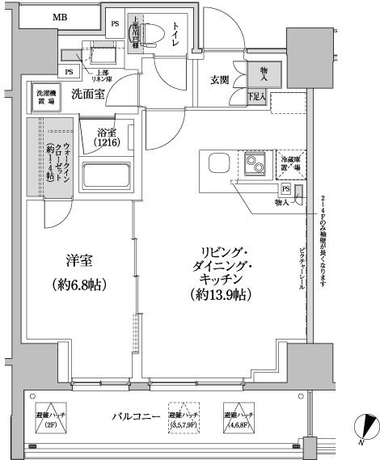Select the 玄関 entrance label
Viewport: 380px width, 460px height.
coord(221,79)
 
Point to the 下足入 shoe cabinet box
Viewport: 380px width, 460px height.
coord(258,98)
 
